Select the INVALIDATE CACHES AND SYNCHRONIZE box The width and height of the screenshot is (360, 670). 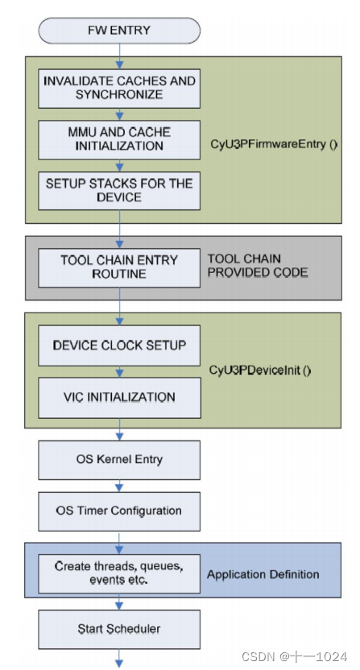coord(119,87)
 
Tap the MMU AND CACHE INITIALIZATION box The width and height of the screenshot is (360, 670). coord(119,139)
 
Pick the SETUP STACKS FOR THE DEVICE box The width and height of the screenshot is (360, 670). coord(119,189)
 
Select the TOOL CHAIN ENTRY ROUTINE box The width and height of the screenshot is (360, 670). coord(119,267)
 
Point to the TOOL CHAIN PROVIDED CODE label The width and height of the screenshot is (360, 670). coord(258,267)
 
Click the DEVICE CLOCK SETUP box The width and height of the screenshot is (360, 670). coord(119,345)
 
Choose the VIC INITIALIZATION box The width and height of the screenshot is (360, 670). coord(119,397)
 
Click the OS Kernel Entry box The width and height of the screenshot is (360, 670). coord(119,460)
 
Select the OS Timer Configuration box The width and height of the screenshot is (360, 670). coord(119,511)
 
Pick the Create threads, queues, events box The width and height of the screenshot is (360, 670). coord(119,573)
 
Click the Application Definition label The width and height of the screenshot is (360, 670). coord(263,574)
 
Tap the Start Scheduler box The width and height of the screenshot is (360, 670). coord(119,628)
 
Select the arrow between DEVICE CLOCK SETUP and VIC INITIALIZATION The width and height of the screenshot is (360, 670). coord(119,371)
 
